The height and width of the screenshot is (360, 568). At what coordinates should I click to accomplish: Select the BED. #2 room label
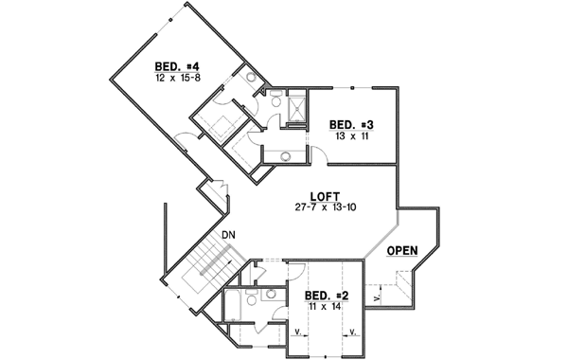click(x=328, y=296)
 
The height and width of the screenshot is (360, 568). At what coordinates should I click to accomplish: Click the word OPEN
click(x=404, y=252)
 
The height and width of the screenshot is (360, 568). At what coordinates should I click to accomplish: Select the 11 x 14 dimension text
click(x=327, y=307)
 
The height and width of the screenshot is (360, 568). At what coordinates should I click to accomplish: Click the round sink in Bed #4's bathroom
click(x=252, y=78)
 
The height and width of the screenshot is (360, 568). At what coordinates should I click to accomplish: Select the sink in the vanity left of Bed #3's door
click(x=285, y=155)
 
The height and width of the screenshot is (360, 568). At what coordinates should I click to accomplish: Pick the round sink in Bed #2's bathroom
click(x=268, y=295)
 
